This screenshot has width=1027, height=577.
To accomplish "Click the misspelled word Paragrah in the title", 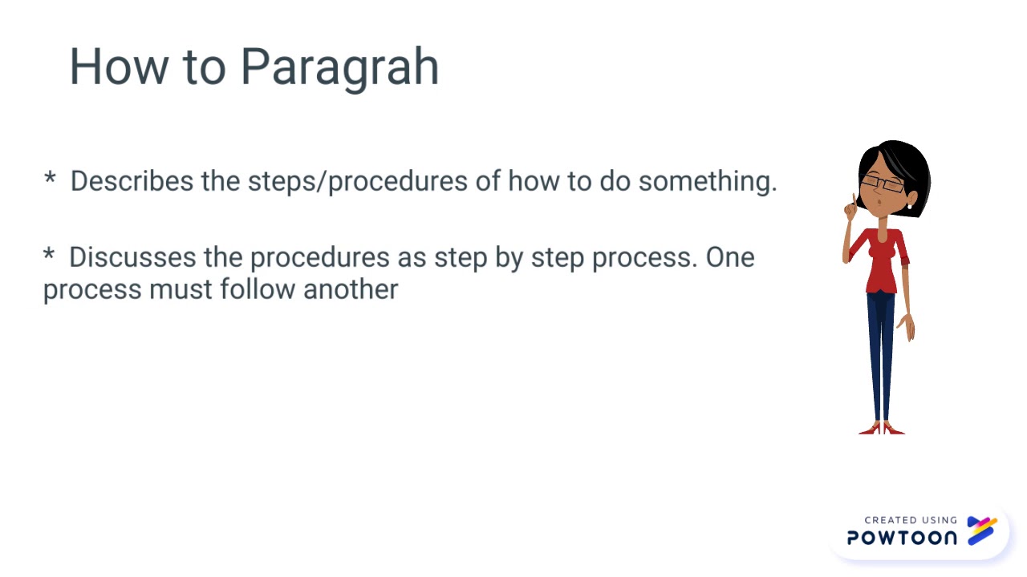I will click(339, 67).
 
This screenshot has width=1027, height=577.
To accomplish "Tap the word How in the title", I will click(119, 66).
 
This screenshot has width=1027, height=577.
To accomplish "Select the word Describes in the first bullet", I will click(132, 181).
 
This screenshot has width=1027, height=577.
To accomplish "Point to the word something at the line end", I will click(707, 181).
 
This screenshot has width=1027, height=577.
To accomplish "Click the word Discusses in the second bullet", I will click(131, 257).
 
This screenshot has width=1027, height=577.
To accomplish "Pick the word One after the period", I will click(730, 257).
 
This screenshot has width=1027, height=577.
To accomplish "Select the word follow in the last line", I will click(258, 288).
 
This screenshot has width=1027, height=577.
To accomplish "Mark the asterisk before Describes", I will click(50, 179).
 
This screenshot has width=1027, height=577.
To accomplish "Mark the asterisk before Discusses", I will click(49, 255).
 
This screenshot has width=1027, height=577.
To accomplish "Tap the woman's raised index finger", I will click(854, 200).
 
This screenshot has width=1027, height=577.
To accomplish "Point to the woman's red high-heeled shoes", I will click(882, 429).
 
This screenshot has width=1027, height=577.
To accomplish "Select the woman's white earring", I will click(909, 205).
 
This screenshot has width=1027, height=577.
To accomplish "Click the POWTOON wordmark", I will click(902, 538).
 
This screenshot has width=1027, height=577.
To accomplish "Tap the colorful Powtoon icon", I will click(981, 531).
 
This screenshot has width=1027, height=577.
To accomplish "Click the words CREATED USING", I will click(911, 520).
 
